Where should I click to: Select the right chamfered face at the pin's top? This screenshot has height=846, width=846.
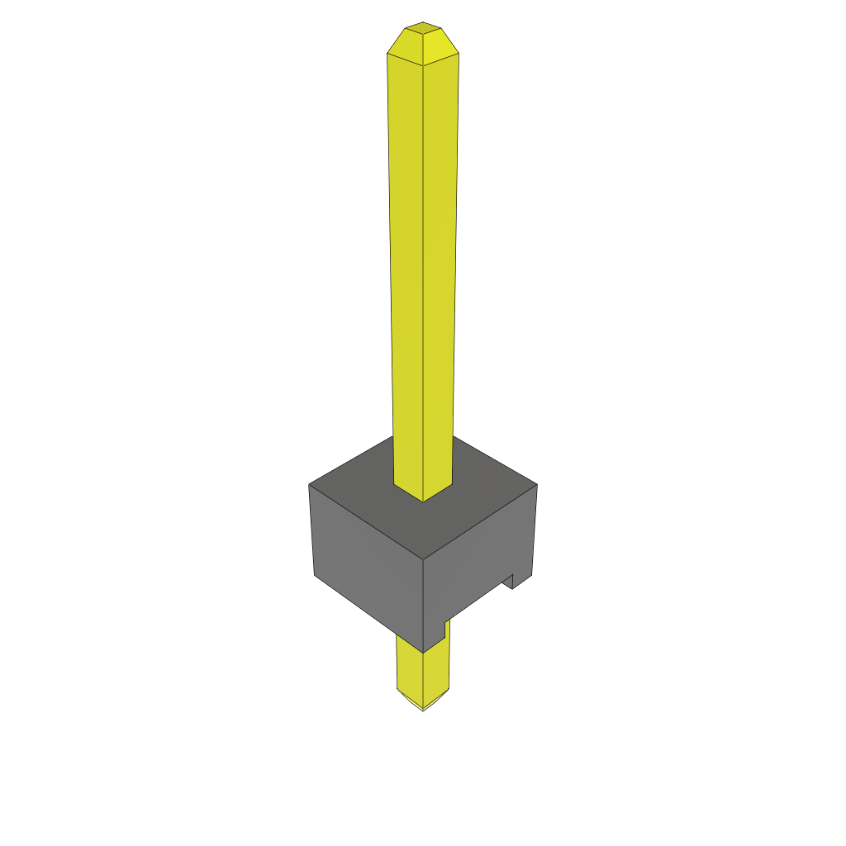point(442,46)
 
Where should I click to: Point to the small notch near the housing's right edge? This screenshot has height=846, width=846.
point(510,581)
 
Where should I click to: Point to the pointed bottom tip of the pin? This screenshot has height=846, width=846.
point(423,709)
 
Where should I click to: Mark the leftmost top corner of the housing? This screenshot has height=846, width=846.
point(309,484)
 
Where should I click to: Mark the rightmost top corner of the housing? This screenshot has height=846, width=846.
point(537,484)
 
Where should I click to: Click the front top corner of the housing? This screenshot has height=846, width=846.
point(423,559)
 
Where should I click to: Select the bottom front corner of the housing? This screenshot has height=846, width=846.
point(423,652)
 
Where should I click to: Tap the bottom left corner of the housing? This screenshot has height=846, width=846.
point(314,574)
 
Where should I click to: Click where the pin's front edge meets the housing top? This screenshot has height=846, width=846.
point(423,501)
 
